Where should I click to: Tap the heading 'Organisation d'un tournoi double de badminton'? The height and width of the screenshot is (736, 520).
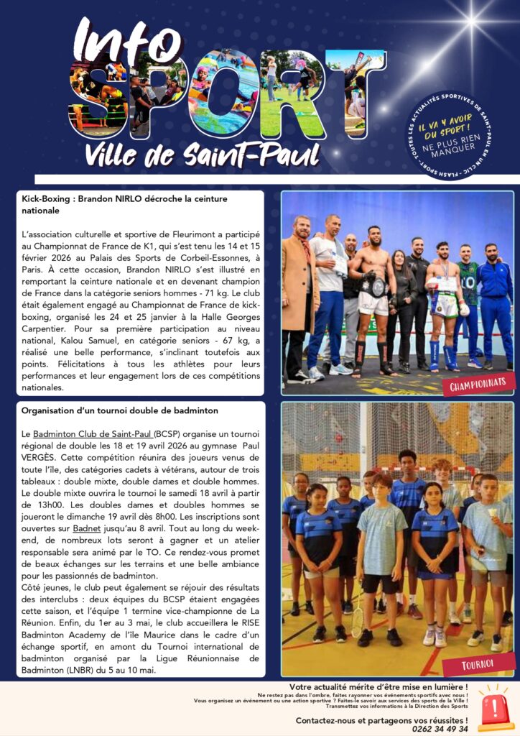coord(120,410)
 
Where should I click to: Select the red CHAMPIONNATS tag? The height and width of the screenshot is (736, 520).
coord(478,385)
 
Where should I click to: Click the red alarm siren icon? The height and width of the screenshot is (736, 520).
coord(496,711)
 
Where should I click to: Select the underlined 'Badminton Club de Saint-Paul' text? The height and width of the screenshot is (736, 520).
coord(92,435)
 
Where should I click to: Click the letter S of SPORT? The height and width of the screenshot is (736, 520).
coord(101,97)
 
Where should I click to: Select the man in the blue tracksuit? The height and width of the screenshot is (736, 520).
coord(494,302)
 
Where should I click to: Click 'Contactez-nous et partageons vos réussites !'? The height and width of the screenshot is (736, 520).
coord(381,719)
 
